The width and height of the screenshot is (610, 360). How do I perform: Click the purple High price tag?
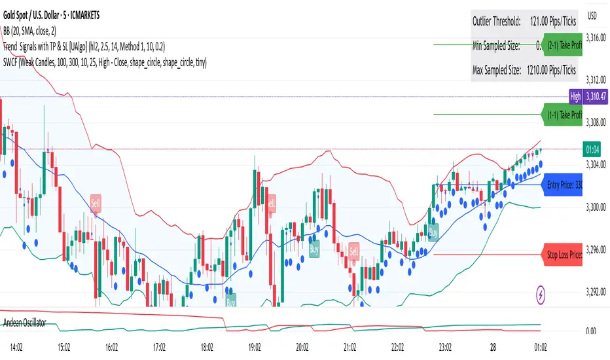[x=575, y=97]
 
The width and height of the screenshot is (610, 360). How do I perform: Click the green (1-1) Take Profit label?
[x=563, y=115]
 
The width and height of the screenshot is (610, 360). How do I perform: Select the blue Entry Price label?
[x=563, y=185]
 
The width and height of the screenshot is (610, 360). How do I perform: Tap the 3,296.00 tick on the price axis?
[x=595, y=249]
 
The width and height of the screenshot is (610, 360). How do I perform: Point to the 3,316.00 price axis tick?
[x=595, y=38]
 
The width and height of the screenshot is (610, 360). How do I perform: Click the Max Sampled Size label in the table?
[x=496, y=69]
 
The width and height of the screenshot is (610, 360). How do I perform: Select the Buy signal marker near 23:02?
[x=433, y=232]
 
